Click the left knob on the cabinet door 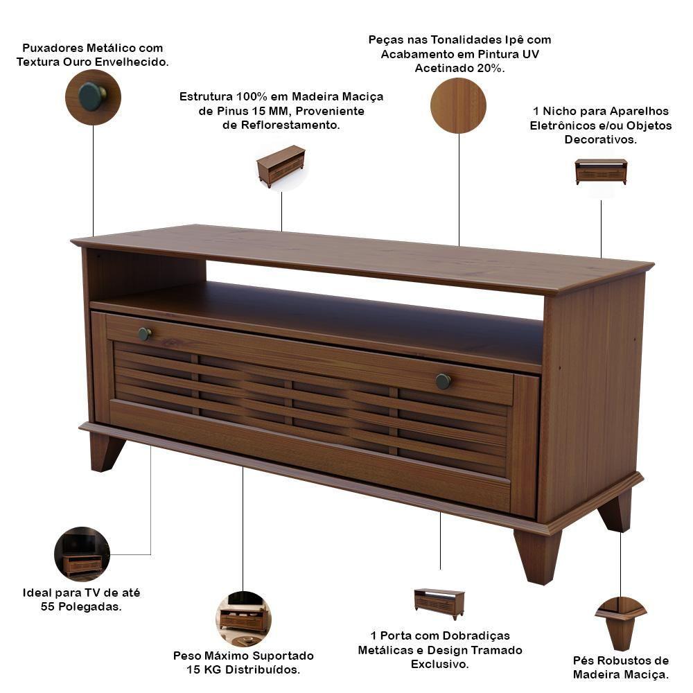(x=145, y=334)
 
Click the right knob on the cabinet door (x=443, y=381)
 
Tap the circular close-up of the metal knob (x=93, y=97)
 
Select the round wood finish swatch (x=458, y=105)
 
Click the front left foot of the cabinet (x=107, y=452)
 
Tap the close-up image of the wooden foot (x=621, y=623)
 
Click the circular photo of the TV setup (x=82, y=554)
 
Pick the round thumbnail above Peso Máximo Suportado (x=243, y=619)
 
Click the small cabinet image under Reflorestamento (x=281, y=166)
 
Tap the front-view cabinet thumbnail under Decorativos (x=601, y=171)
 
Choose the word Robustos (x=625, y=660)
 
